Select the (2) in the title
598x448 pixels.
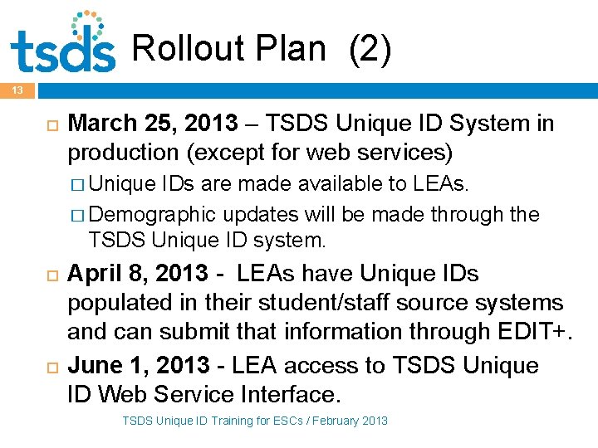[370, 50]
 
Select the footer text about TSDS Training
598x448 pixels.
[254, 421]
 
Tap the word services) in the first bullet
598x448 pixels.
[411, 153]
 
